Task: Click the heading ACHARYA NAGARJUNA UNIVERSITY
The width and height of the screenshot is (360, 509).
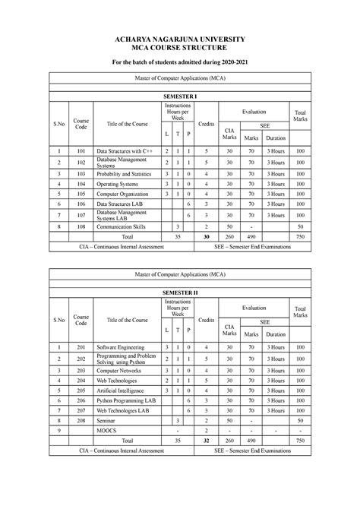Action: pos(180,36)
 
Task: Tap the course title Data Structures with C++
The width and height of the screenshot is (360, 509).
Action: pos(124,150)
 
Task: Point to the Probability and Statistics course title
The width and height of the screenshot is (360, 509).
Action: pos(125,173)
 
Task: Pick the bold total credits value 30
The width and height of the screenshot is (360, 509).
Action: pos(206,237)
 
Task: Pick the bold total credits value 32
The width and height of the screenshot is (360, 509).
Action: pos(206,440)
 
